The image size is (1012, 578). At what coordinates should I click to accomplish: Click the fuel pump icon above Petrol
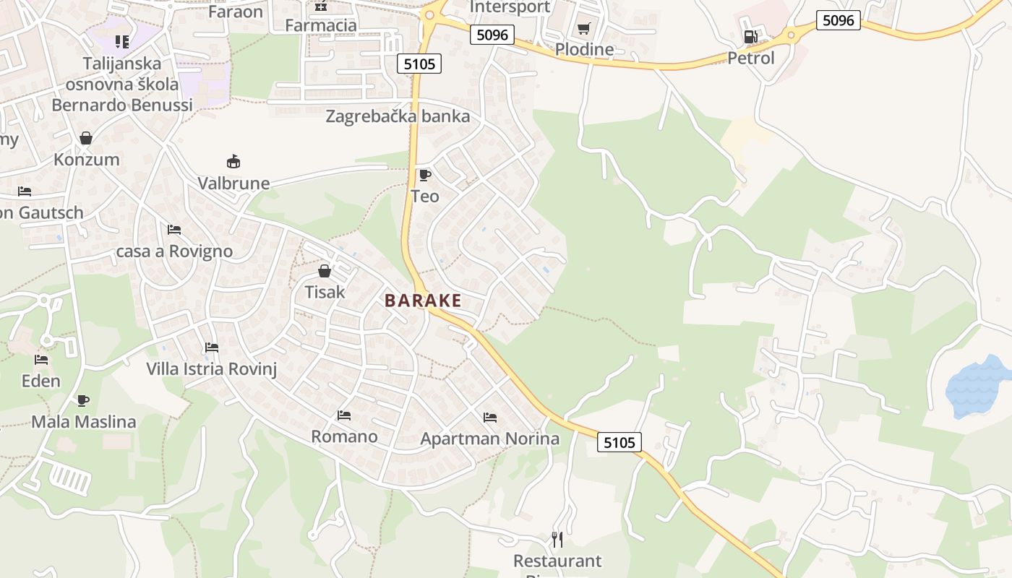click(751, 37)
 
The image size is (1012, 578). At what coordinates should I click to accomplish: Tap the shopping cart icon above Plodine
click(583, 29)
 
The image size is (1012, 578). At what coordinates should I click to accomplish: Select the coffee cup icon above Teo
click(424, 175)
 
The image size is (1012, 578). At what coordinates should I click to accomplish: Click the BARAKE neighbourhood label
click(423, 301)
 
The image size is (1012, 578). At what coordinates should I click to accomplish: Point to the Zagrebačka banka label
click(398, 116)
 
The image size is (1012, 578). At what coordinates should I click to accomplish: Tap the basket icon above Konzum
click(86, 138)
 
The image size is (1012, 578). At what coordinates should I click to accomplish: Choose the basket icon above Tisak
click(325, 271)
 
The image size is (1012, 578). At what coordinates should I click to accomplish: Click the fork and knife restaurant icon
click(557, 539)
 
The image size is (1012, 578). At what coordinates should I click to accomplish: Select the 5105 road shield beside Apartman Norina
click(619, 442)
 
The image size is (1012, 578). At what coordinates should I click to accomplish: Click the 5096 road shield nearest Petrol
click(839, 20)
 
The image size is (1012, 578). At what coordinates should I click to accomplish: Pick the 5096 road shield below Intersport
click(492, 34)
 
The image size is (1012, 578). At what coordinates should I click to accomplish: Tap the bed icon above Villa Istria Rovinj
click(211, 348)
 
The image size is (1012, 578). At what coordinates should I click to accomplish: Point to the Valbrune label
click(233, 184)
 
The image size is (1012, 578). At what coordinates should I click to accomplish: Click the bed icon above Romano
click(344, 415)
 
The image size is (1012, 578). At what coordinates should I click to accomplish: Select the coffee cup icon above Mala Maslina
click(83, 400)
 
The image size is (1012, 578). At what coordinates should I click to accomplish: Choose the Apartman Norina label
click(489, 439)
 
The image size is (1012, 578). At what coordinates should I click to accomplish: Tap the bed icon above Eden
click(41, 359)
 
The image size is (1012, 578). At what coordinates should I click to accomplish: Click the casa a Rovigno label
click(174, 251)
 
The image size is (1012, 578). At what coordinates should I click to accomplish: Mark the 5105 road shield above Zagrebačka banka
click(419, 64)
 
